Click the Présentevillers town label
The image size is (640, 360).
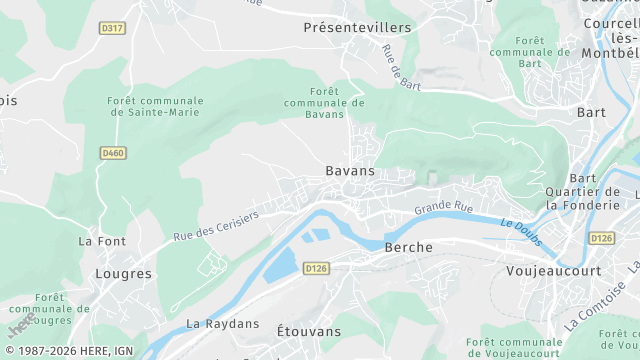pos(357,28)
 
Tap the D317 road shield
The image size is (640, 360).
pos(113,29)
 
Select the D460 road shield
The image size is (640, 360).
pos(113,153)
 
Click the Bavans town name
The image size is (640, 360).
pos(350,171)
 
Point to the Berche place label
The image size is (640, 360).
pos(408,247)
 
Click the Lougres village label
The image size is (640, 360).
pos(123,273)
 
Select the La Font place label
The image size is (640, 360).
pos(102,241)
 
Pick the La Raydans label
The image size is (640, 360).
pos(222,324)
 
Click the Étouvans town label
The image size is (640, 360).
pos(309,330)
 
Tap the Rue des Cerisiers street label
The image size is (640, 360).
pos(216,225)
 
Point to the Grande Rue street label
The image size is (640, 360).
pos(444,208)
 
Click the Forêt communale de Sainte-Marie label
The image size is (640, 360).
pos(155,107)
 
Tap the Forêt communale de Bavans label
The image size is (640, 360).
pos(323,103)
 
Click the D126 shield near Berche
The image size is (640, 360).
pos(316,268)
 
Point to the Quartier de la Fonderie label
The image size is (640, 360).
pos(583,198)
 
